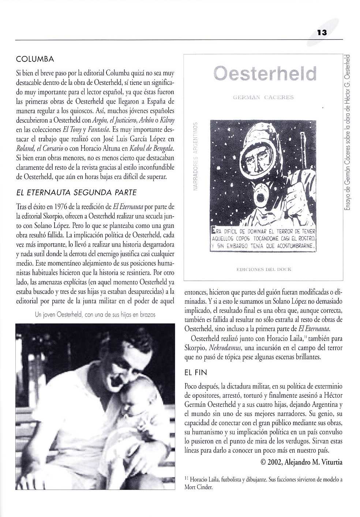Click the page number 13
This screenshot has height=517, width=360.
(322, 33)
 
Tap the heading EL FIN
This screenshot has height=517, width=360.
(196, 373)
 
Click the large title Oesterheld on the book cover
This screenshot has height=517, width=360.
(265, 73)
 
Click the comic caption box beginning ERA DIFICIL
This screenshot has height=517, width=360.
(264, 239)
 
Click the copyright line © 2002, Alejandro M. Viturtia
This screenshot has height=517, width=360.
(301, 462)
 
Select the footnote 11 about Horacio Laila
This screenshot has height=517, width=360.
(263, 483)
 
